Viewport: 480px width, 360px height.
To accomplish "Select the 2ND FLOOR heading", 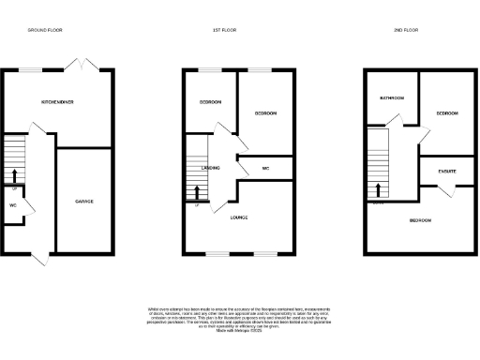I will pyautogui.click(x=406, y=30).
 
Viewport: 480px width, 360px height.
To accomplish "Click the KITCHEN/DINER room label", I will pyautogui.click(x=58, y=100).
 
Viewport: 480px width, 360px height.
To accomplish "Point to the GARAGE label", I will pyautogui.click(x=84, y=202).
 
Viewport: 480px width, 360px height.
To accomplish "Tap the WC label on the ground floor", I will pyautogui.click(x=13, y=204).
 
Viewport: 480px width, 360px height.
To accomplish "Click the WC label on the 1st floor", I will pyautogui.click(x=266, y=169).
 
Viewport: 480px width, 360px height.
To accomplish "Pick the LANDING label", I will pyautogui.click(x=211, y=168).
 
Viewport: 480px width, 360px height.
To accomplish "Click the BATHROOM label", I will pyautogui.click(x=392, y=97).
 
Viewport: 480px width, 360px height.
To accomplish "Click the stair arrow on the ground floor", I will pyautogui.click(x=14, y=175).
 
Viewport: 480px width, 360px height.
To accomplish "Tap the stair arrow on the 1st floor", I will pyautogui.click(x=197, y=192).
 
